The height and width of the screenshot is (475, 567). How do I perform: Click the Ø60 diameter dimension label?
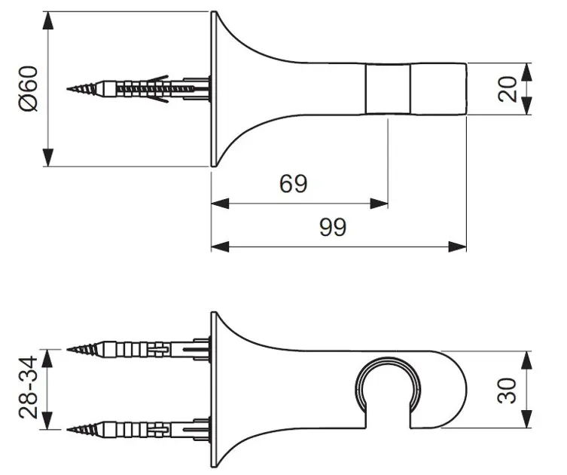pyautogui.click(x=29, y=89)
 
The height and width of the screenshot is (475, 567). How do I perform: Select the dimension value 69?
pyautogui.click(x=293, y=183)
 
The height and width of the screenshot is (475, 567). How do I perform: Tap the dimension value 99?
pyautogui.click(x=333, y=227)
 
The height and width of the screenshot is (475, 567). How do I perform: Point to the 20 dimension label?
pyautogui.click(x=508, y=89)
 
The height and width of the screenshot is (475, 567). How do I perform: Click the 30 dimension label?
pyautogui.click(x=507, y=391)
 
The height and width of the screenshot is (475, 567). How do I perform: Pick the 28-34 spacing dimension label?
pyautogui.click(x=28, y=388)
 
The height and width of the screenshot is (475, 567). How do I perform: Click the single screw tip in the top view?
pyautogui.click(x=68, y=89)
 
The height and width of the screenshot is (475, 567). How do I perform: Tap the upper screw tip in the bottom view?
pyautogui.click(x=68, y=349)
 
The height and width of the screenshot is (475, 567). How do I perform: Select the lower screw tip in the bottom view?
pyautogui.click(x=68, y=429)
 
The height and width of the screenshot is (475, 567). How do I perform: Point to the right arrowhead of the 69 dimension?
pyautogui.click(x=379, y=204)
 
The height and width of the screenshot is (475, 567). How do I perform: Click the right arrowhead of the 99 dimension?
pyautogui.click(x=457, y=247)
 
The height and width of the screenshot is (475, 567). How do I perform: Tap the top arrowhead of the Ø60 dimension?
pyautogui.click(x=48, y=20)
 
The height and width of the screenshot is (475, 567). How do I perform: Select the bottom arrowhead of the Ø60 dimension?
pyautogui.click(x=48, y=158)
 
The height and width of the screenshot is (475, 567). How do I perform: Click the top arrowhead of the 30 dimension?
pyautogui.click(x=526, y=360)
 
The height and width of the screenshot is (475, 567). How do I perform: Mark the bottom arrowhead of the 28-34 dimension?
pyautogui.click(x=48, y=420)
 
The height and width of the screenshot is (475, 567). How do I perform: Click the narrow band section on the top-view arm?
pyautogui.click(x=388, y=89)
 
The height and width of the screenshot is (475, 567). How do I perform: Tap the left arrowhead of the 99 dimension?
pyautogui.click(x=220, y=247)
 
